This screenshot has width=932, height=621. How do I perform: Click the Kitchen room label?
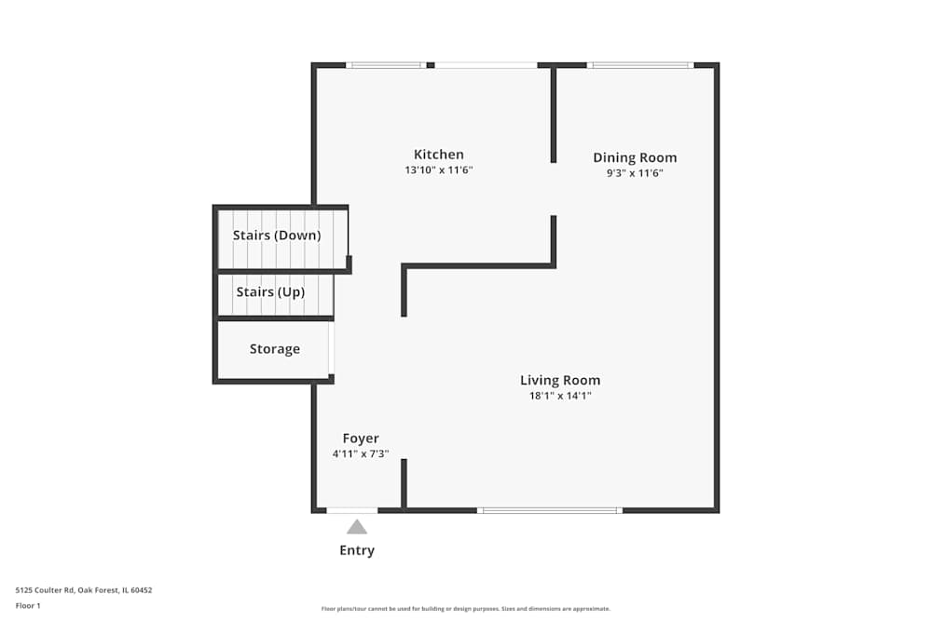point(439,155)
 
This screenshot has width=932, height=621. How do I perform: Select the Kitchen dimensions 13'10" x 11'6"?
point(439,170)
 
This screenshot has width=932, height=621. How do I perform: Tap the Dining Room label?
point(635,157)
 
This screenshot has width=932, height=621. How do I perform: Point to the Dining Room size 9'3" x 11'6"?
point(635,172)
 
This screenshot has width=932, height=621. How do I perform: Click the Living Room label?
point(560,380)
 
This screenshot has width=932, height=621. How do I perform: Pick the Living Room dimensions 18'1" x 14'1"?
point(560,396)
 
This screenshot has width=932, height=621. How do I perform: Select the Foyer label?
point(361,439)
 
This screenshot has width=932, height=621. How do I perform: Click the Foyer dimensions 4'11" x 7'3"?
point(361,454)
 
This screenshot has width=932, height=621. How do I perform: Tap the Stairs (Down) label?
point(277,236)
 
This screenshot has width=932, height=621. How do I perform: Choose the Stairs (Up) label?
point(270,292)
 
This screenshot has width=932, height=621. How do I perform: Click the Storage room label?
point(275,349)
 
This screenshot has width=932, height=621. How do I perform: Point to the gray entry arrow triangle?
point(357,527)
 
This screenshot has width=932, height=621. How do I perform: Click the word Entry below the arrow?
point(357,550)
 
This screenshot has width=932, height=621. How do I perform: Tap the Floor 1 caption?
point(28,605)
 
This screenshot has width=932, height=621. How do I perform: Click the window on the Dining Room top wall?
point(640,65)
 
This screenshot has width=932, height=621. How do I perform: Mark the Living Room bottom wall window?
point(549,510)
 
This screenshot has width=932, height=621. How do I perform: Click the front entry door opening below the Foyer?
point(351,510)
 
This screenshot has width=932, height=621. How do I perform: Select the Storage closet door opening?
point(332,348)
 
